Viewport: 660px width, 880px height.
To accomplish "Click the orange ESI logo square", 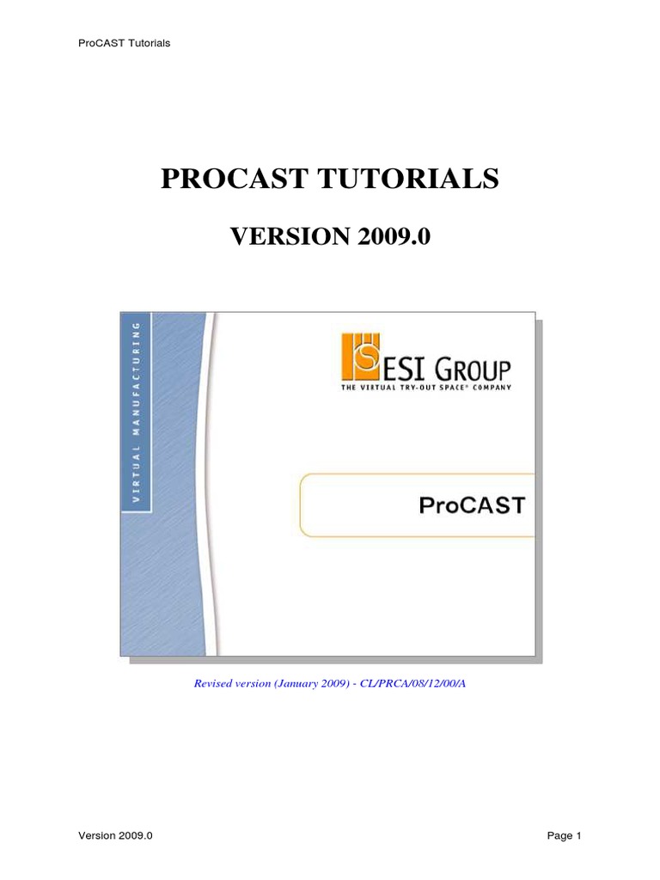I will tap(362, 356).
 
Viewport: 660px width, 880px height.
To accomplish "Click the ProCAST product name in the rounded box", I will tap(472, 505).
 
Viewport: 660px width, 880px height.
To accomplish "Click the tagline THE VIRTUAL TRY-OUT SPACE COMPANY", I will tap(428, 389).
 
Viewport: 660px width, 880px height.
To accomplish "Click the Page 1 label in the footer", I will tap(565, 836).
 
